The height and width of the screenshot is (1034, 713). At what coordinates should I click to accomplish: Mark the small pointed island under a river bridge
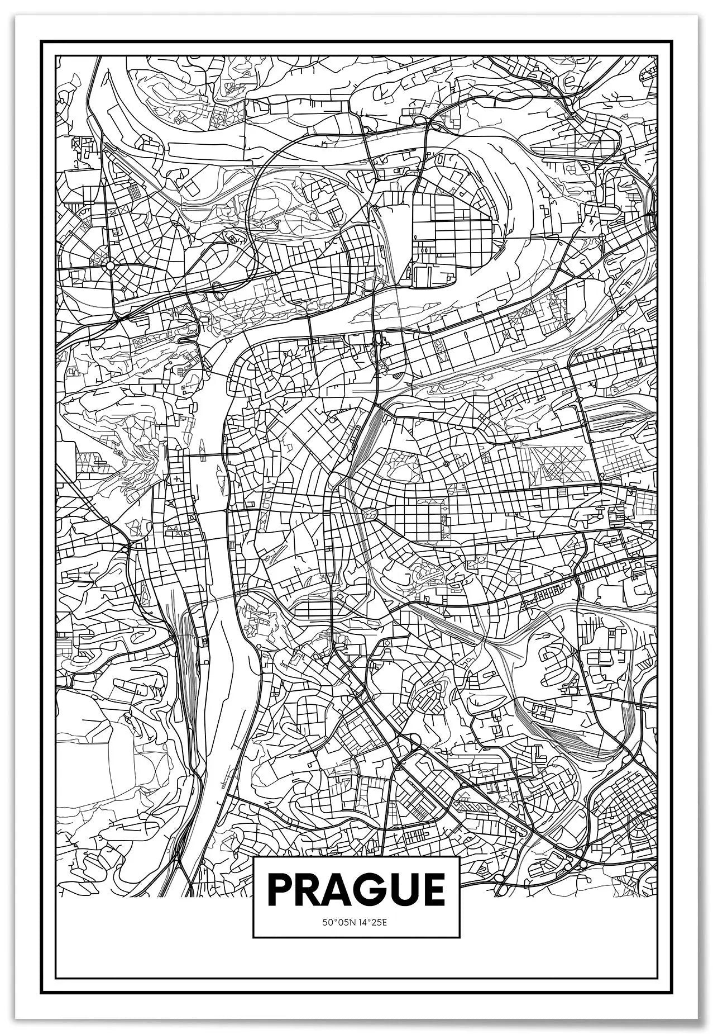[x=201, y=447]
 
